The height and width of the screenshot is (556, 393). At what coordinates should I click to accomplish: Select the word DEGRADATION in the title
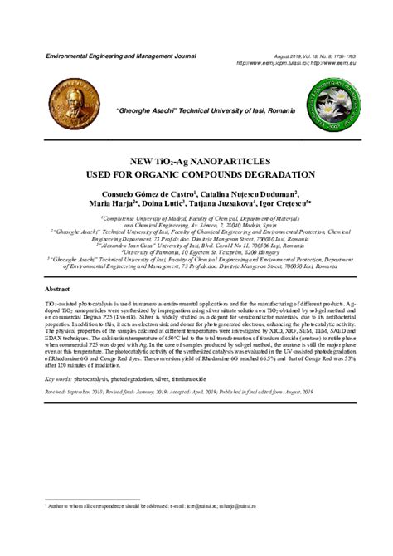[x=277, y=175]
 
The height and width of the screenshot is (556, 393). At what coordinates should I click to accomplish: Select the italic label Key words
[x=59, y=376]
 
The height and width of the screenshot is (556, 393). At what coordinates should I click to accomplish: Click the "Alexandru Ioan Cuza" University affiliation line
[x=204, y=246]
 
